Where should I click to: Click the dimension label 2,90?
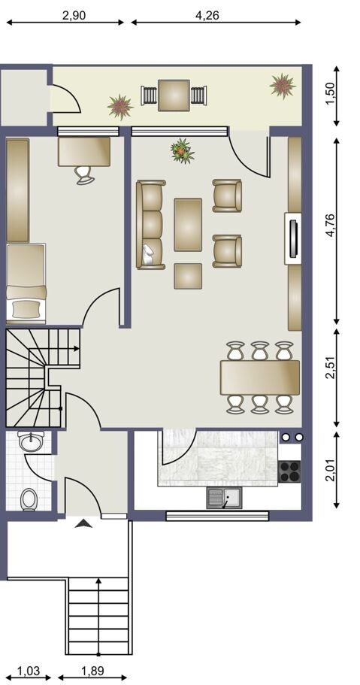(x=74, y=15)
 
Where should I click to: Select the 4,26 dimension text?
(x=207, y=15)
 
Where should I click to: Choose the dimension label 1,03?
(x=29, y=670)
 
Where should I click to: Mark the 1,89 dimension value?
(x=92, y=670)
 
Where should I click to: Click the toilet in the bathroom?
(x=29, y=499)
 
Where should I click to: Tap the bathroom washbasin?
(x=31, y=441)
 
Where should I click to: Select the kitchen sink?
(x=224, y=499)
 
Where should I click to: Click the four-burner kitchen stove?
(x=289, y=471)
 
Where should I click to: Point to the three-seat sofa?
(x=151, y=225)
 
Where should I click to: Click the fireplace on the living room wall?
(x=293, y=238)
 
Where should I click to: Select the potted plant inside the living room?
(x=182, y=150)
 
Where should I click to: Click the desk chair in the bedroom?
(x=83, y=174)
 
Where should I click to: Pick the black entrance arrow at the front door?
(x=83, y=523)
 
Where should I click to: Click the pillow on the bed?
(x=26, y=309)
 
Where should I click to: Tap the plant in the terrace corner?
(x=283, y=86)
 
